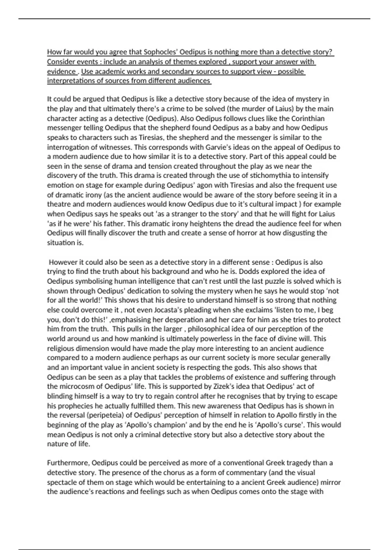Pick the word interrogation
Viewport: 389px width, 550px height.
67,147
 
